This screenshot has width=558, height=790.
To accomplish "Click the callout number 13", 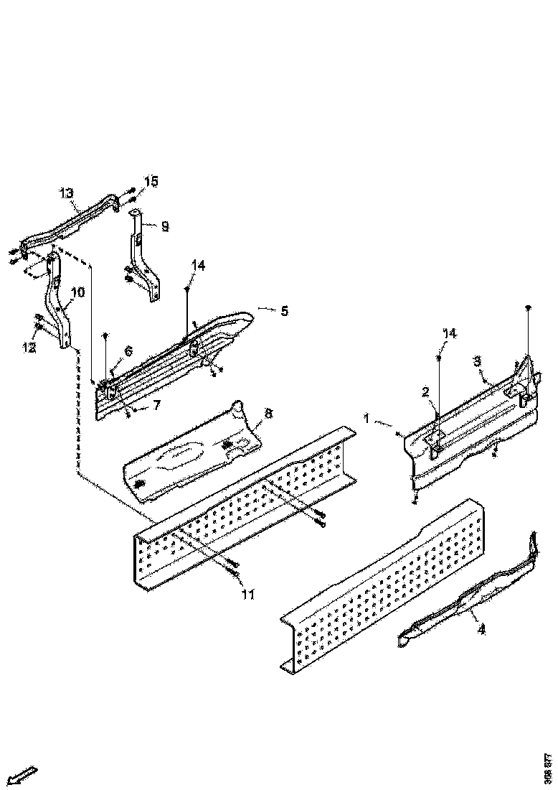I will click(66, 193).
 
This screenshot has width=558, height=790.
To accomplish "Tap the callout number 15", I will click(151, 180).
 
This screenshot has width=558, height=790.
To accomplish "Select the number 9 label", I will click(165, 226).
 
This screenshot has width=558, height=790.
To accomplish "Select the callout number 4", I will click(481, 630).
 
